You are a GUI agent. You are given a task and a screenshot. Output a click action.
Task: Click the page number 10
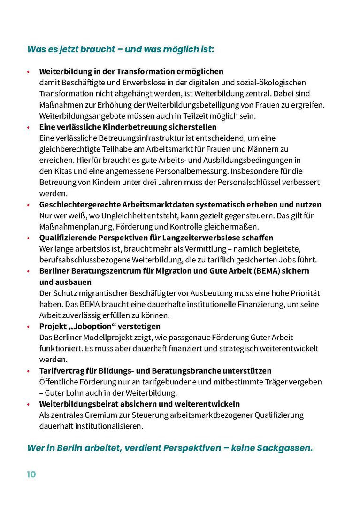coord(31,474)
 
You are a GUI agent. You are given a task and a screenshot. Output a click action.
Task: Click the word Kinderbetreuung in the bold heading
coord(121,127)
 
